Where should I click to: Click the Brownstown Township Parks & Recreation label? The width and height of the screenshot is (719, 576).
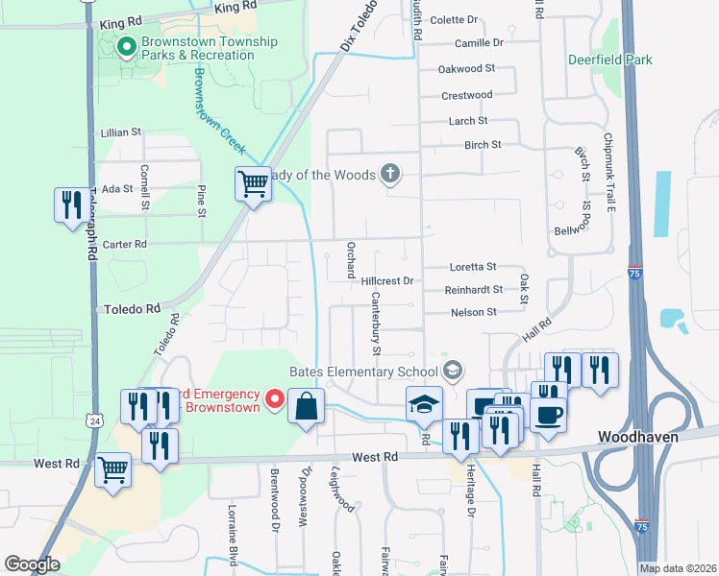(x=210, y=48)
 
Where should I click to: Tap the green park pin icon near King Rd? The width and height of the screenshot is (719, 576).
(x=125, y=46)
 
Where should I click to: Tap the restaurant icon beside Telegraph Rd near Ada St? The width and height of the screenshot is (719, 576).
(x=69, y=204)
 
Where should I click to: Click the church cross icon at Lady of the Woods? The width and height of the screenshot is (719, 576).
(x=389, y=174)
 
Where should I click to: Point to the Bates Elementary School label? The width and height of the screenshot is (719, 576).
(x=363, y=372)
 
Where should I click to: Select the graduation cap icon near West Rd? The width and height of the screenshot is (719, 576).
(x=421, y=404)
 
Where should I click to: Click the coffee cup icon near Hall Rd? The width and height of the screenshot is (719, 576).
(x=548, y=416)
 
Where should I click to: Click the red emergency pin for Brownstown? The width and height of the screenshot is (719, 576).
(x=274, y=397)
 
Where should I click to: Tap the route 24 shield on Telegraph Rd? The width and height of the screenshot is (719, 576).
(x=93, y=420)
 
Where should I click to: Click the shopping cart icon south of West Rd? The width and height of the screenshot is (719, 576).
(x=113, y=469)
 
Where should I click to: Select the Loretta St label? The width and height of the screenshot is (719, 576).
(x=473, y=267)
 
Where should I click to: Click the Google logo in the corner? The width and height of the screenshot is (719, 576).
(x=32, y=564)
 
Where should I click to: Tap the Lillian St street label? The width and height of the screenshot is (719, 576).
(x=121, y=132)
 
